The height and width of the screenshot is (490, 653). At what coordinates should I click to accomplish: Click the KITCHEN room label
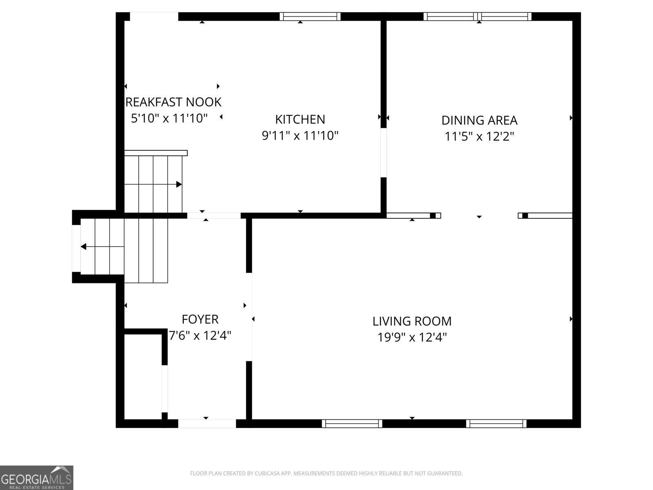[x=300, y=119]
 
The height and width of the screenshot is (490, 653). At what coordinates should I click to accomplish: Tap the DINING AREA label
[x=479, y=120]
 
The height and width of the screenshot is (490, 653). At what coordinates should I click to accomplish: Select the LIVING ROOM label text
[x=412, y=321]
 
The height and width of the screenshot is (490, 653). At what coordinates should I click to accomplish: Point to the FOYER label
[x=200, y=319]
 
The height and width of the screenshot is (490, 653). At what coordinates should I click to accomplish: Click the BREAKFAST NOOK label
[x=173, y=102]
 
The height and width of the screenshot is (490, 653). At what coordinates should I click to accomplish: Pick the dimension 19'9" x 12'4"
[x=412, y=337]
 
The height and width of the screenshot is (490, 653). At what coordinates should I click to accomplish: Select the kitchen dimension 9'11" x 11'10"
[x=300, y=136]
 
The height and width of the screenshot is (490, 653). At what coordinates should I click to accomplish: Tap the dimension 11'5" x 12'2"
[x=479, y=136]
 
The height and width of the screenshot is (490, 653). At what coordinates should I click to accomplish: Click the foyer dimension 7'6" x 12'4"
[x=200, y=336]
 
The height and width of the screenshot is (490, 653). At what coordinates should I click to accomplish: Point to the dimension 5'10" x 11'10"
[x=169, y=118]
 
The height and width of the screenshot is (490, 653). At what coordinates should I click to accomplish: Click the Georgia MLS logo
[x=37, y=478]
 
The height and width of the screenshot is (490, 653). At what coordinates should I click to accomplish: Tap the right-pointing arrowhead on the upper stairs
[x=179, y=185]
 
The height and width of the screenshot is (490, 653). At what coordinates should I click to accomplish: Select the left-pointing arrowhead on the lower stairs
[x=84, y=247]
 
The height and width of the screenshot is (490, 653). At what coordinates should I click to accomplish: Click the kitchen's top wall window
[x=310, y=16]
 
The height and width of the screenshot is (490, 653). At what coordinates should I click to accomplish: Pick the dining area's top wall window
[x=478, y=16]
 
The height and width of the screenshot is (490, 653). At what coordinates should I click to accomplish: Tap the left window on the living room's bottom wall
[x=352, y=424]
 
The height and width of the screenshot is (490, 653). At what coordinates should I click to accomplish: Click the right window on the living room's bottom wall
[x=496, y=424]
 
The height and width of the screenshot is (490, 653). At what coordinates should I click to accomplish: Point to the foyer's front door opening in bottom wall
[x=207, y=424]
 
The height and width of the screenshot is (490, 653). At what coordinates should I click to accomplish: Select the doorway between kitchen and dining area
[x=384, y=153]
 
